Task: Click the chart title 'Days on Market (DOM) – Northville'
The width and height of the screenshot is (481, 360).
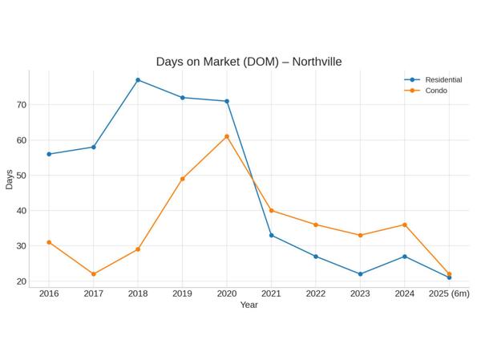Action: click(x=249, y=62)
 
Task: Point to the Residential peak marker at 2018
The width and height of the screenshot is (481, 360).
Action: click(x=138, y=80)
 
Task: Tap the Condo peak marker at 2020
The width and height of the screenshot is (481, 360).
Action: click(x=227, y=136)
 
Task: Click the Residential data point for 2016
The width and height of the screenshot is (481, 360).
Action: click(x=49, y=154)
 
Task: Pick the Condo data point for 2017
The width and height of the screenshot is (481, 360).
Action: click(x=94, y=274)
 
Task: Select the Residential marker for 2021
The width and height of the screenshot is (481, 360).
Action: click(x=271, y=235)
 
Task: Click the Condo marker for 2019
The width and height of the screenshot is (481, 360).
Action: click(x=183, y=179)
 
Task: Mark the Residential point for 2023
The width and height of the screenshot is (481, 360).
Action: click(x=360, y=274)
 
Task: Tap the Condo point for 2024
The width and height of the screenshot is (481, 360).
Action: click(x=405, y=224)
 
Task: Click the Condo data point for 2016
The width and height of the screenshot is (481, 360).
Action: click(x=49, y=242)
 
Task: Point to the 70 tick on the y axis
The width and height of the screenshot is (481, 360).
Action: click(x=21, y=105)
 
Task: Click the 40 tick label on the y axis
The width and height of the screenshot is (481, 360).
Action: click(x=21, y=211)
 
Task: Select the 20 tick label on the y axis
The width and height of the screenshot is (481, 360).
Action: click(x=21, y=281)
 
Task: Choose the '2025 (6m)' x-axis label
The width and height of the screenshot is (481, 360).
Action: click(x=449, y=294)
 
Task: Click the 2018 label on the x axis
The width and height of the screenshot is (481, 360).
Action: click(x=138, y=294)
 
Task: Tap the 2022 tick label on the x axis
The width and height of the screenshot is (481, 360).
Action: click(x=316, y=294)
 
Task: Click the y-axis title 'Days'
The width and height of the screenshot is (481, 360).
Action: click(x=9, y=179)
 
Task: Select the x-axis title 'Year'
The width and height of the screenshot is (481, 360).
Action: click(x=249, y=305)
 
